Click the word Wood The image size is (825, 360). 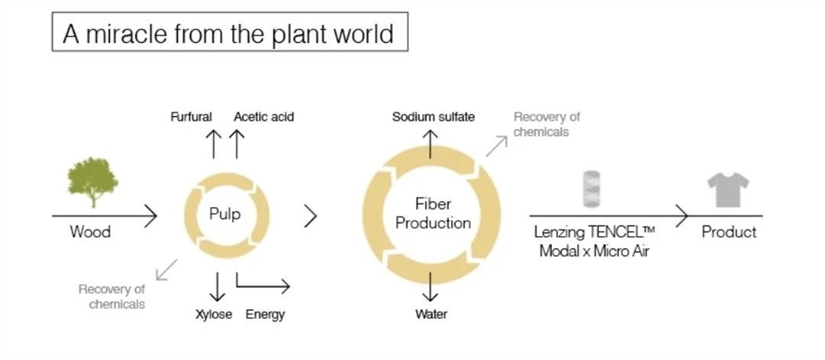click(x=90, y=232)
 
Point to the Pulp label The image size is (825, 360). click(x=225, y=215)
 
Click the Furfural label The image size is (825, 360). click(x=191, y=116)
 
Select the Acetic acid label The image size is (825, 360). click(x=264, y=116)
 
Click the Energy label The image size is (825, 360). click(x=266, y=314)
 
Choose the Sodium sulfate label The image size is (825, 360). click(x=433, y=116)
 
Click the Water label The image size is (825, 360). click(x=431, y=314)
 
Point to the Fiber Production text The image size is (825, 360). click(x=431, y=215)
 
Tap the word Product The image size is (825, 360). click(x=729, y=232)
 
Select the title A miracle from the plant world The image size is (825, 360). click(x=228, y=34)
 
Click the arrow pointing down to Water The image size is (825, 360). click(x=431, y=287)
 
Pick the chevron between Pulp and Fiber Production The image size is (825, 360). click(x=310, y=217)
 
